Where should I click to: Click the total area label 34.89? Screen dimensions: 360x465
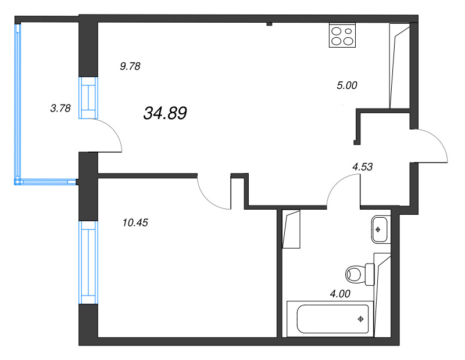[164, 114]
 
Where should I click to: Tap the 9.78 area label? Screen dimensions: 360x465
[130, 66]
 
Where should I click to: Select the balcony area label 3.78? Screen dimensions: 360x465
[60, 107]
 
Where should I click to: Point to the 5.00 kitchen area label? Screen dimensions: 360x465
[347, 85]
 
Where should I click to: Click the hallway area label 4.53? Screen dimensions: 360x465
[362, 166]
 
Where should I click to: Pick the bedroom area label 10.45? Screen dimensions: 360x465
[135, 221]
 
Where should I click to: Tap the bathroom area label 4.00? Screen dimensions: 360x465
[340, 293]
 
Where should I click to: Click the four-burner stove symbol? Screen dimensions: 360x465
[342, 35]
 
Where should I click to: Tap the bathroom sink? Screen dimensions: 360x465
[379, 229]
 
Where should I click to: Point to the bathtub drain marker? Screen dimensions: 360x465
[361, 319]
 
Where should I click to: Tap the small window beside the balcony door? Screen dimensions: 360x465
[87, 98]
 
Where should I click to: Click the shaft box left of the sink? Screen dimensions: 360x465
[291, 229]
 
